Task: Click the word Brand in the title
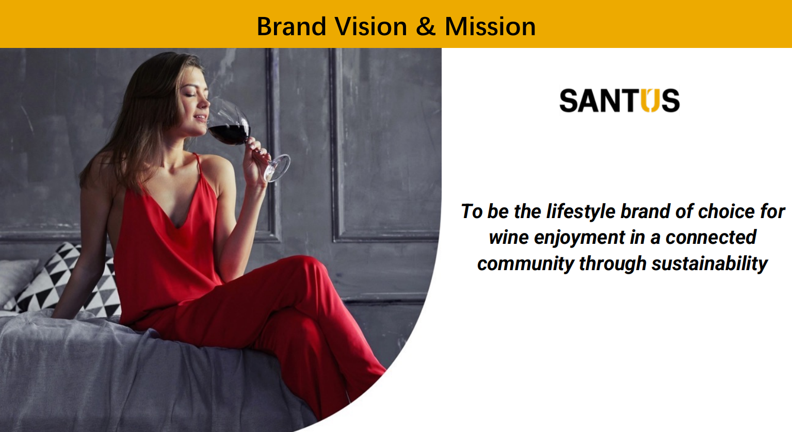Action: coord(291,26)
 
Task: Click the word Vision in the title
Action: coord(371,26)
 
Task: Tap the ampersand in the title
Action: coord(426,26)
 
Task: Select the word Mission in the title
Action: coord(490,26)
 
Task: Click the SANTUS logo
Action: coord(620,101)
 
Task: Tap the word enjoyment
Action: coord(579,238)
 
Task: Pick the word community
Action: coord(526,264)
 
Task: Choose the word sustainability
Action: coord(709,264)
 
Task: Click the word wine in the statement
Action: coord(509,237)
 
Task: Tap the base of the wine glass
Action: coord(278,168)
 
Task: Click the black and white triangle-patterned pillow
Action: coord(67,281)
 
